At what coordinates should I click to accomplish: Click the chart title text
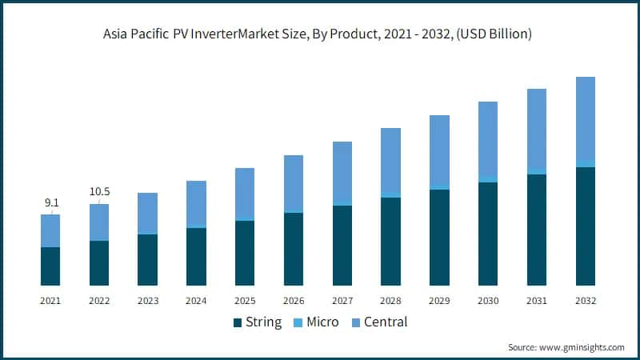coord(320,34)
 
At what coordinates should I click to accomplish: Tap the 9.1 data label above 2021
coord(50,203)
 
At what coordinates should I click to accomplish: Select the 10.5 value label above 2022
coord(99,192)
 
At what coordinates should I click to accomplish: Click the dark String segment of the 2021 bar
coord(50,266)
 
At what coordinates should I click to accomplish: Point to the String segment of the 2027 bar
coord(342,246)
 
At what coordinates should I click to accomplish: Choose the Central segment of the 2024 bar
coord(196,203)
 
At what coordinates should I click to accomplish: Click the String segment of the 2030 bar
coord(488,234)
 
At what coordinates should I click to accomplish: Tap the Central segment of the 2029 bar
coord(439,151)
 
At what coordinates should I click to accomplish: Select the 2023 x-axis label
coord(147,301)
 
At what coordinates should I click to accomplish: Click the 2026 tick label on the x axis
coord(294,301)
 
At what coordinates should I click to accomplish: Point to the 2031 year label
coord(537,301)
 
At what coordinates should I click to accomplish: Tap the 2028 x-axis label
coord(390,301)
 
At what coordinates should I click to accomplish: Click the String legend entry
coord(257,322)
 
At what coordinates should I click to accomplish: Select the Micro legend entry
coord(316,322)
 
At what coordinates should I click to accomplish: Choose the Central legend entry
coord(378,322)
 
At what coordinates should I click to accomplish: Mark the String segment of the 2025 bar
coord(245,253)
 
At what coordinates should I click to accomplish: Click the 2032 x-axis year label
coord(585,301)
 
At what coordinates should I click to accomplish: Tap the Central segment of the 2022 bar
coord(99,222)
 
